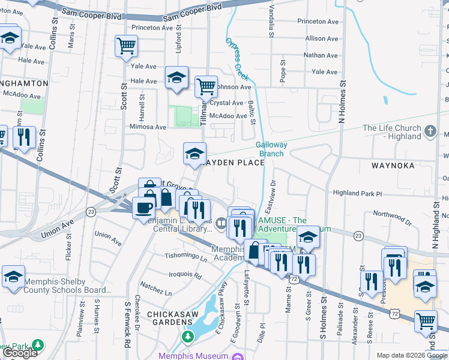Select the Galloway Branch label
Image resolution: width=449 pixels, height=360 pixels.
point(271,149)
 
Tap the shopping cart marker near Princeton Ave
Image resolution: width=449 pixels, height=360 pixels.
point(127,45)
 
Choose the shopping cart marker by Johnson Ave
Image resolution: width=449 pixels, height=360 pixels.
point(206,86)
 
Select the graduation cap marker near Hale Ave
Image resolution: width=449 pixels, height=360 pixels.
point(176,77)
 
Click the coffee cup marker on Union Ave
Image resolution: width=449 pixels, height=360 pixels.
point(143,208)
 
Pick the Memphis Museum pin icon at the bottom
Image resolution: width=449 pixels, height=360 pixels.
point(237,356)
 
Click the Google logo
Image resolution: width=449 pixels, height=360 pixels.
point(20,353)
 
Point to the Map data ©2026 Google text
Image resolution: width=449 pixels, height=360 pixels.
point(412,356)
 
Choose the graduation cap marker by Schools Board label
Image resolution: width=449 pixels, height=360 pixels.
point(13,277)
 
